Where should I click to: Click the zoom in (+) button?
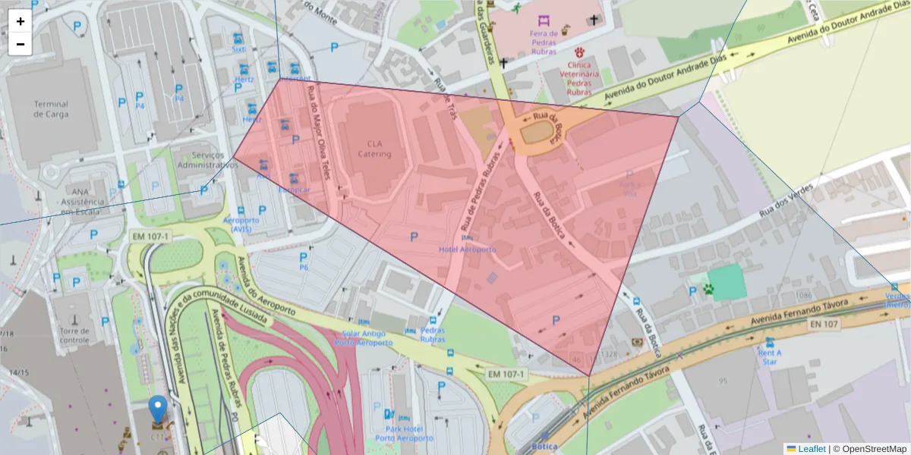pyautogui.click(x=20, y=21)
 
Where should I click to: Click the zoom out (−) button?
pyautogui.click(x=20, y=44)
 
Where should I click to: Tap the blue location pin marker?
pyautogui.click(x=157, y=409)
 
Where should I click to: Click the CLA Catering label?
pyautogui.click(x=374, y=149)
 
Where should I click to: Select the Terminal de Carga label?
pyautogui.click(x=51, y=109)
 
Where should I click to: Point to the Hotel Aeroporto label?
pyautogui.click(x=468, y=249)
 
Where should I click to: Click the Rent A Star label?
pyautogui.click(x=771, y=356)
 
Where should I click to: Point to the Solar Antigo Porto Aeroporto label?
pyautogui.click(x=363, y=337)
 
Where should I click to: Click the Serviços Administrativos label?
pyautogui.click(x=202, y=159)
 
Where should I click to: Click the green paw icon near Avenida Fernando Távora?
pyautogui.click(x=708, y=289)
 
